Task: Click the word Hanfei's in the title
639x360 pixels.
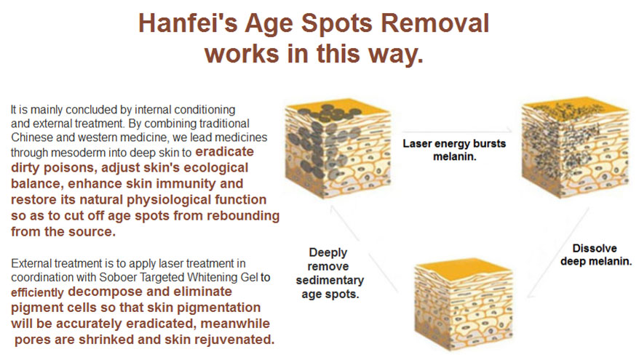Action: click(x=188, y=23)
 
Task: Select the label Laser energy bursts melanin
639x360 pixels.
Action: click(x=454, y=150)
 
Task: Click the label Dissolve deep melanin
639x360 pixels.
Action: click(x=595, y=255)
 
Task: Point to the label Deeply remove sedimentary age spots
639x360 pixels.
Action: click(x=329, y=273)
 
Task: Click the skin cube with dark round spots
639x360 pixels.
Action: click(x=338, y=148)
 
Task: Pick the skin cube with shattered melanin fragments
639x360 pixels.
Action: click(x=575, y=148)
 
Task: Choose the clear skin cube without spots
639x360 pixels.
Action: click(x=464, y=303)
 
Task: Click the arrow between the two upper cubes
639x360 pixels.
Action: click(x=457, y=131)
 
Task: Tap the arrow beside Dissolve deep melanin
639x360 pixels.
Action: click(x=558, y=252)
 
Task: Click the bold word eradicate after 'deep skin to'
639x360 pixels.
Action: click(x=225, y=152)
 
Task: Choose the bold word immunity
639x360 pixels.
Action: click(x=186, y=184)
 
